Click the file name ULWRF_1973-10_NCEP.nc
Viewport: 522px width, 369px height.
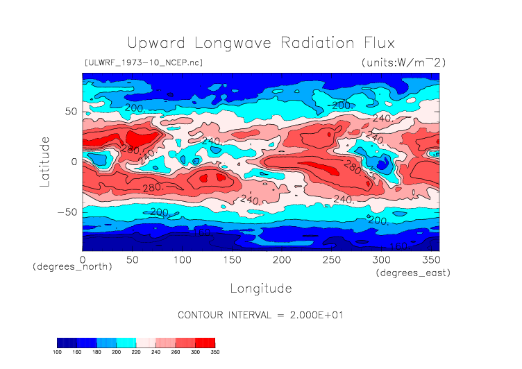(143, 63)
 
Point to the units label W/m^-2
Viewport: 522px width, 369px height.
(403, 63)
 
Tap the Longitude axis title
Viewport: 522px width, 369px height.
(260, 288)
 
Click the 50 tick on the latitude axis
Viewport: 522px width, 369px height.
(70, 111)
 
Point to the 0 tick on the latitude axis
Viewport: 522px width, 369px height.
(74, 162)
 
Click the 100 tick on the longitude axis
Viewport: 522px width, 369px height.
(182, 259)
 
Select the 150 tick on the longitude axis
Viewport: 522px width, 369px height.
(231, 259)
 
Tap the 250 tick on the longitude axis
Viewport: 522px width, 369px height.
(330, 259)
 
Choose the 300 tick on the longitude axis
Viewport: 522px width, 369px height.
(380, 259)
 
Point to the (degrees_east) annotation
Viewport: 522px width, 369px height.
(413, 273)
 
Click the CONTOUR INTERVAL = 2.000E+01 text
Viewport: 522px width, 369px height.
(261, 315)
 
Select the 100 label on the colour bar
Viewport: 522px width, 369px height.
(58, 352)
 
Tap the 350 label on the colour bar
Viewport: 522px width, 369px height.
(214, 352)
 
